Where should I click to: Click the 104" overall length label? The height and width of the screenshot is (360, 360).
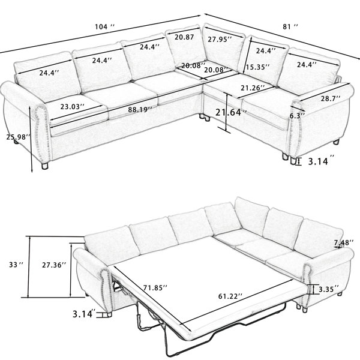104,27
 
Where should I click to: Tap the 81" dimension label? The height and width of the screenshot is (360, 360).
290,27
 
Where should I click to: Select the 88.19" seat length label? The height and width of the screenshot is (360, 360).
140,110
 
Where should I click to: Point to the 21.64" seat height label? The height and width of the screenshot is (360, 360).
231,112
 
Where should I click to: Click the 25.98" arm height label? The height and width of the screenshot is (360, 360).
18,137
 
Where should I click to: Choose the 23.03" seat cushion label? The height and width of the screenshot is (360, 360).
73,107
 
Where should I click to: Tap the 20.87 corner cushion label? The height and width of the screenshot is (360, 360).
184,37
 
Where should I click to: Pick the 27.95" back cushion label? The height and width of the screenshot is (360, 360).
220,39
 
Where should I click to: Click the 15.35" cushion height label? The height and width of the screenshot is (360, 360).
257,67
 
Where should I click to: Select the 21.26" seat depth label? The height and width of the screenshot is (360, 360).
253,88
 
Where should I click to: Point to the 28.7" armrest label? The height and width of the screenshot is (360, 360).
331,98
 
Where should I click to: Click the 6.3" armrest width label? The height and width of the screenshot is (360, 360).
297,116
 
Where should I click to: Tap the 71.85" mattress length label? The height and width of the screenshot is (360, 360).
155,287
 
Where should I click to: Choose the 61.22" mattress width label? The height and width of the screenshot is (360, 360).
230,296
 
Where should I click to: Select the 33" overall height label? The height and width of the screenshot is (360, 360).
16,265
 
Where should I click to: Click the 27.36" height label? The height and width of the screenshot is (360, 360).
54,265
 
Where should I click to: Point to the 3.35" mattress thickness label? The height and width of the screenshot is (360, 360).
329,289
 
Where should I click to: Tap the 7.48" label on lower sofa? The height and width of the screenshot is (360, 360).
344,242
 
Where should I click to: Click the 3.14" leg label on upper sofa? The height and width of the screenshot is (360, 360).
321,161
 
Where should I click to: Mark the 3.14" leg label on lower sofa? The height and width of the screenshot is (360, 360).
84,313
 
